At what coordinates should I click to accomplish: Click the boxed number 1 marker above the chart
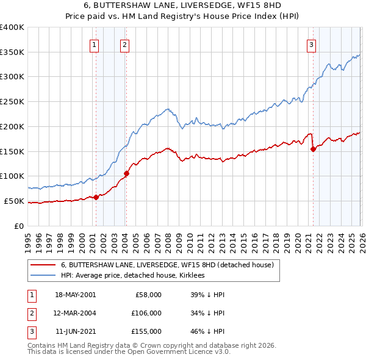click(x=95, y=44)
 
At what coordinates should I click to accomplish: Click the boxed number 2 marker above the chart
click(x=124, y=44)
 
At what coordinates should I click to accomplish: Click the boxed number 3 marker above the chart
click(x=312, y=44)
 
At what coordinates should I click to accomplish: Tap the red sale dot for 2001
click(x=96, y=196)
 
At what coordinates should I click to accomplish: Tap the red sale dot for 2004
click(x=126, y=173)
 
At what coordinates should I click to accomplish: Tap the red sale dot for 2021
click(x=313, y=148)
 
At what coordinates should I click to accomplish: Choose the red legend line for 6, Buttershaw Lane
click(x=43, y=265)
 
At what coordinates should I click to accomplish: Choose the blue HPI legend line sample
click(x=43, y=276)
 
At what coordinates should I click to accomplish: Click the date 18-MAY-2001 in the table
click(x=75, y=295)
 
